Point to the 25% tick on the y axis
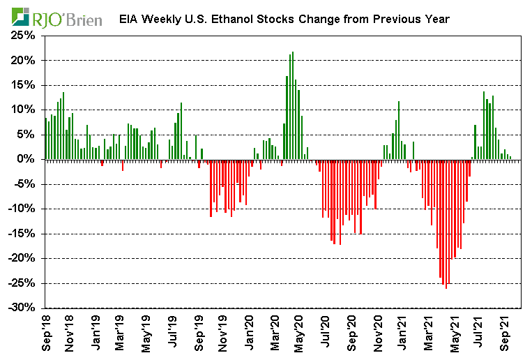(24, 36)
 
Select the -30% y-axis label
(22, 308)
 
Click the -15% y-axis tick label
(22, 234)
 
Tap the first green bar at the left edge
(45, 139)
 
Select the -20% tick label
(22, 258)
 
